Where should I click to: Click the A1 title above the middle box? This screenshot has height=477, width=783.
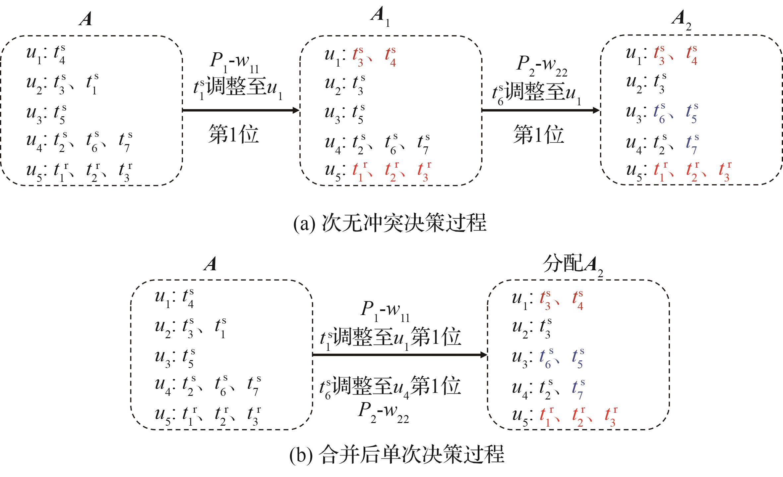pyautogui.click(x=380, y=17)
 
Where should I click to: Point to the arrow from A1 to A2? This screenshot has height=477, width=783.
pyautogui.click(x=540, y=110)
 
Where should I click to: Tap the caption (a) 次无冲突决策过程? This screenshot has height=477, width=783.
pyautogui.click(x=390, y=223)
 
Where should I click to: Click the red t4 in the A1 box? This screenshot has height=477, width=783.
pyautogui.click(x=391, y=57)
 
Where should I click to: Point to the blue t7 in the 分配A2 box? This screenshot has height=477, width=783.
pyautogui.click(x=578, y=390)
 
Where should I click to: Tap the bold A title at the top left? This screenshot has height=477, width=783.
pyautogui.click(x=86, y=19)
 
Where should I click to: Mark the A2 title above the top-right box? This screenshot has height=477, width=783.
pyautogui.click(x=681, y=20)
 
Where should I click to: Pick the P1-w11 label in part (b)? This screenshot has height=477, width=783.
pyautogui.click(x=385, y=311)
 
